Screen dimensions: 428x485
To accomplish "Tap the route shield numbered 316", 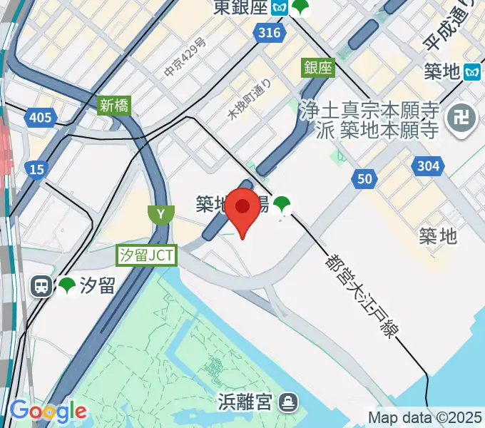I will tap(269, 34).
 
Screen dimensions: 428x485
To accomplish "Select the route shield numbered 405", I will tap(40, 116).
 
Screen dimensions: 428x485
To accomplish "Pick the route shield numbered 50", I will tap(364, 179).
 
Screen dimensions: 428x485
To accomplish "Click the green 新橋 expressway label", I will tap(114, 106).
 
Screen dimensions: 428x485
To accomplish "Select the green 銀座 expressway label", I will tap(318, 68).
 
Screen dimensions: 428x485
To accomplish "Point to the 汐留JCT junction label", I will tap(147, 255).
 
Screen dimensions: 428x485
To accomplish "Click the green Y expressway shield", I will tap(161, 214).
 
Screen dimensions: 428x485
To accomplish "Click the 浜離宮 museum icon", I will tap(288, 402).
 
